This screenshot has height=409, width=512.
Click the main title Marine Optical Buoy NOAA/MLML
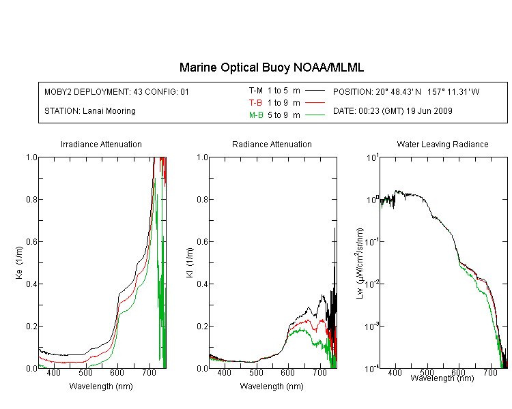[x=271, y=67]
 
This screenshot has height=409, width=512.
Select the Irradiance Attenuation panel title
[x=101, y=144]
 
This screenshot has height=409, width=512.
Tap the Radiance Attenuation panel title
[x=272, y=144]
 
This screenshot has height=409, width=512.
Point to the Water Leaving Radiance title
[x=442, y=144]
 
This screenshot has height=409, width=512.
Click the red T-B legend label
[x=255, y=103]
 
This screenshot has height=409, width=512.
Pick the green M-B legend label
[x=256, y=115]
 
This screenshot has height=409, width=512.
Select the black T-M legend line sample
[x=315, y=91]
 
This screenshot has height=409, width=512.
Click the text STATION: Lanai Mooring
[x=90, y=111]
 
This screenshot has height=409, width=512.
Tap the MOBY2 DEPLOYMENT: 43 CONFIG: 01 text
[x=117, y=92]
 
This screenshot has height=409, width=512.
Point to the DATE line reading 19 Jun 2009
[x=393, y=111]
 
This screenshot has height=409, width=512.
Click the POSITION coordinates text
[x=406, y=91]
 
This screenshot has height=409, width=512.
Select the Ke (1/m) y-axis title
[x=19, y=262]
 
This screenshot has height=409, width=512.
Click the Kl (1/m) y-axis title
[x=190, y=262]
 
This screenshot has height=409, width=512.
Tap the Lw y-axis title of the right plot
[x=360, y=264]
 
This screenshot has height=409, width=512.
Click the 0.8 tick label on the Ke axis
[x=31, y=199]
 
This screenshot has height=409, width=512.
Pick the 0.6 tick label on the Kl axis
[x=203, y=242]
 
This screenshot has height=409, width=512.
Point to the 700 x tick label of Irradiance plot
[x=149, y=372]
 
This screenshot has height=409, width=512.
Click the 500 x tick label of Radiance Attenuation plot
[x=256, y=372]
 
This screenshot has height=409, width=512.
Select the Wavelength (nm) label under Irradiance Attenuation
[x=101, y=387]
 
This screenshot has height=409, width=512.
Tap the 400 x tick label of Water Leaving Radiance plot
[x=395, y=372]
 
